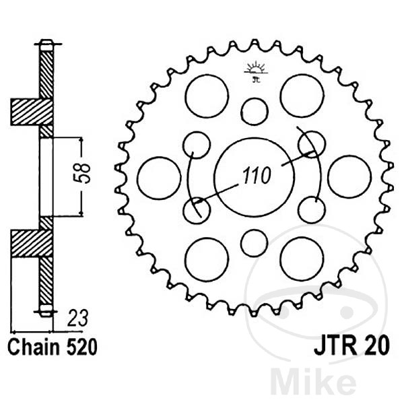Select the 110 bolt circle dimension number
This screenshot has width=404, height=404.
[x=255, y=176]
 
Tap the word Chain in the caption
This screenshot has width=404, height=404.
[x=31, y=347]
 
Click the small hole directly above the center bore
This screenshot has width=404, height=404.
[x=255, y=111]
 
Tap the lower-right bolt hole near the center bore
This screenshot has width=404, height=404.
[x=312, y=209]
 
